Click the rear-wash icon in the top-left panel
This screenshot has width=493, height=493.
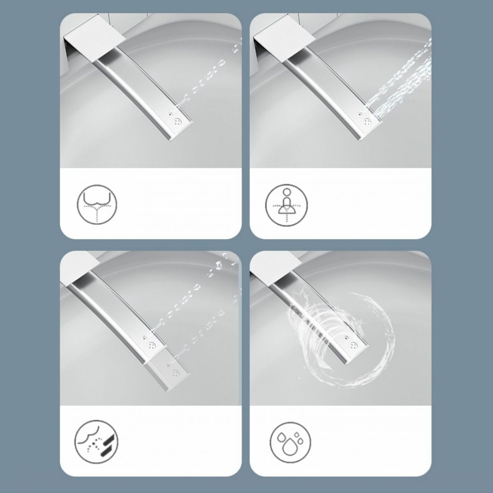coord(97,203)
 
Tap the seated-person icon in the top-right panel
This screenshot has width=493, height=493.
coord(286,203)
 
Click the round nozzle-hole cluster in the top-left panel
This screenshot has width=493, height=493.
coord(178,122)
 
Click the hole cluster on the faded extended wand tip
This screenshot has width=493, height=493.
coord(177,373)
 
